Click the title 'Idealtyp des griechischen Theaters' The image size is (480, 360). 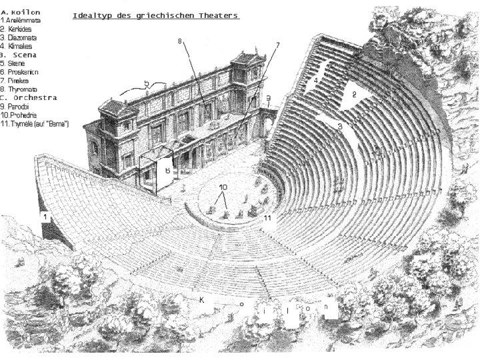click(x=155, y=15)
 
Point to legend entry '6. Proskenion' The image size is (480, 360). click(x=22, y=71)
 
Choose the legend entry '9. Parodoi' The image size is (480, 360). click(x=18, y=106)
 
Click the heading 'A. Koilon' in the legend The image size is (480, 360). click(x=21, y=12)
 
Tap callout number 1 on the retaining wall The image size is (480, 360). click(x=44, y=217)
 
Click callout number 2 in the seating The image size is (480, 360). click(x=354, y=95)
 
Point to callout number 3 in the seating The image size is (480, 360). click(x=339, y=125)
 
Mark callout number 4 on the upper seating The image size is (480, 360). click(x=316, y=79)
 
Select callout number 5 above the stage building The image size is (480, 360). click(x=145, y=84)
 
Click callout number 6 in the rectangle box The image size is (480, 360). click(x=167, y=170)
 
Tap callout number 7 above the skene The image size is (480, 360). click(x=277, y=45)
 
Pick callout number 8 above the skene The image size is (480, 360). click(x=179, y=41)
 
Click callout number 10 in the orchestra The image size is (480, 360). click(x=223, y=187)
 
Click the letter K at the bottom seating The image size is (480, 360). click(x=201, y=300)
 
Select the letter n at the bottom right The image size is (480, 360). click(x=327, y=308)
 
